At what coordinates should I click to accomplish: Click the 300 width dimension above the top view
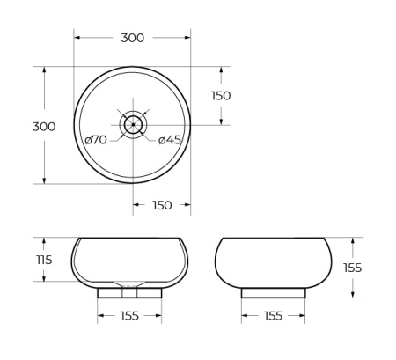click(132, 38)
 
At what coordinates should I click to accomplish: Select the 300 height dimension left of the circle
click(44, 126)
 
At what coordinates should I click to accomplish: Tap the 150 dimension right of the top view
click(221, 95)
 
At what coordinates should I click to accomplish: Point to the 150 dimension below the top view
click(162, 205)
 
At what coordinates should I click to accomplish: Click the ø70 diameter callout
click(96, 140)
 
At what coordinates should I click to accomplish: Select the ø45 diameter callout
click(170, 140)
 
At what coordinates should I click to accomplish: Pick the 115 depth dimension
click(45, 260)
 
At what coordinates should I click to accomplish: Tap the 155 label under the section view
click(129, 316)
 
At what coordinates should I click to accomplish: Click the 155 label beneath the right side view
click(273, 316)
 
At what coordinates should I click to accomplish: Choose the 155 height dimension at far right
click(352, 268)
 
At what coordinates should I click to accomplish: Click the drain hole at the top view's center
click(132, 125)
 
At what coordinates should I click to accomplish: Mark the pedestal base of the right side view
click(273, 292)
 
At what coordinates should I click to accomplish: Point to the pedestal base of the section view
click(129, 292)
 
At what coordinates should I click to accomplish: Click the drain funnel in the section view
click(129, 284)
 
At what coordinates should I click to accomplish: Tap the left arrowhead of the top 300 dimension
click(77, 38)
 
